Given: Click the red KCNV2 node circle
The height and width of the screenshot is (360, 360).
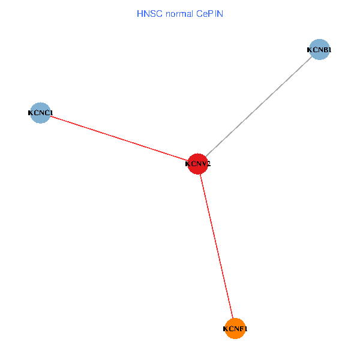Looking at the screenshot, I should tap(198, 163).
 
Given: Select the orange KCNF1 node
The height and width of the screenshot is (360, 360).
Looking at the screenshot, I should tap(235, 328).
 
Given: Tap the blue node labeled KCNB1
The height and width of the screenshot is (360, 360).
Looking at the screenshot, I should tap(319, 50).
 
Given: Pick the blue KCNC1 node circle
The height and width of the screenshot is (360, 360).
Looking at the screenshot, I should tap(40, 112).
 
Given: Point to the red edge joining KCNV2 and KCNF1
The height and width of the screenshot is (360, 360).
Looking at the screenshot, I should tap(217, 246).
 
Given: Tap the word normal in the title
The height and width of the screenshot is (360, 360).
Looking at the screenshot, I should tap(177, 13).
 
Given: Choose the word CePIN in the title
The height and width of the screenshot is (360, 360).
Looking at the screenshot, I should tap(209, 13).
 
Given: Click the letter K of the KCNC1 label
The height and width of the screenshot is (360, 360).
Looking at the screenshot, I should tap(31, 113).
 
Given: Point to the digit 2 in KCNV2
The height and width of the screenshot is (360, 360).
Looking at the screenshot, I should tap(208, 164).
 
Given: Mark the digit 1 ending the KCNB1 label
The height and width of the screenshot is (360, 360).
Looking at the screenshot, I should tap(329, 50).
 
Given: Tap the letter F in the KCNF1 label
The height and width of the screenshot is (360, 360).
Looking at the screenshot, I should tap(240, 329).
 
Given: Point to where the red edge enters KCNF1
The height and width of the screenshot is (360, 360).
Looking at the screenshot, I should tap(233, 318).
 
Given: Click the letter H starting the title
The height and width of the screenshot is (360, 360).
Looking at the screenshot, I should tap(140, 13).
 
